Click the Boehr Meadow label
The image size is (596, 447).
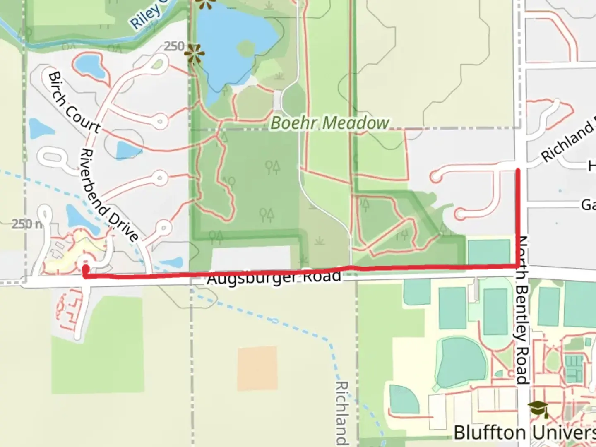point(330,123)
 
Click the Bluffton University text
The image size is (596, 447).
point(524,433)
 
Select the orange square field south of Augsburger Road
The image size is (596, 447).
point(257,368)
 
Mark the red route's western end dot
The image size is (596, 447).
point(85,269)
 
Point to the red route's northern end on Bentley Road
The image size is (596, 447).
point(518,169)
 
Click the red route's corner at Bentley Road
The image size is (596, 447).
point(518,265)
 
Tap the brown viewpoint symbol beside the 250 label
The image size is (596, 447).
point(194,54)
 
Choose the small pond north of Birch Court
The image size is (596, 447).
point(91,66)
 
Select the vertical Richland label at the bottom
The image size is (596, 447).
point(343,412)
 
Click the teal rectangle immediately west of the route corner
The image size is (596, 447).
point(489,251)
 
